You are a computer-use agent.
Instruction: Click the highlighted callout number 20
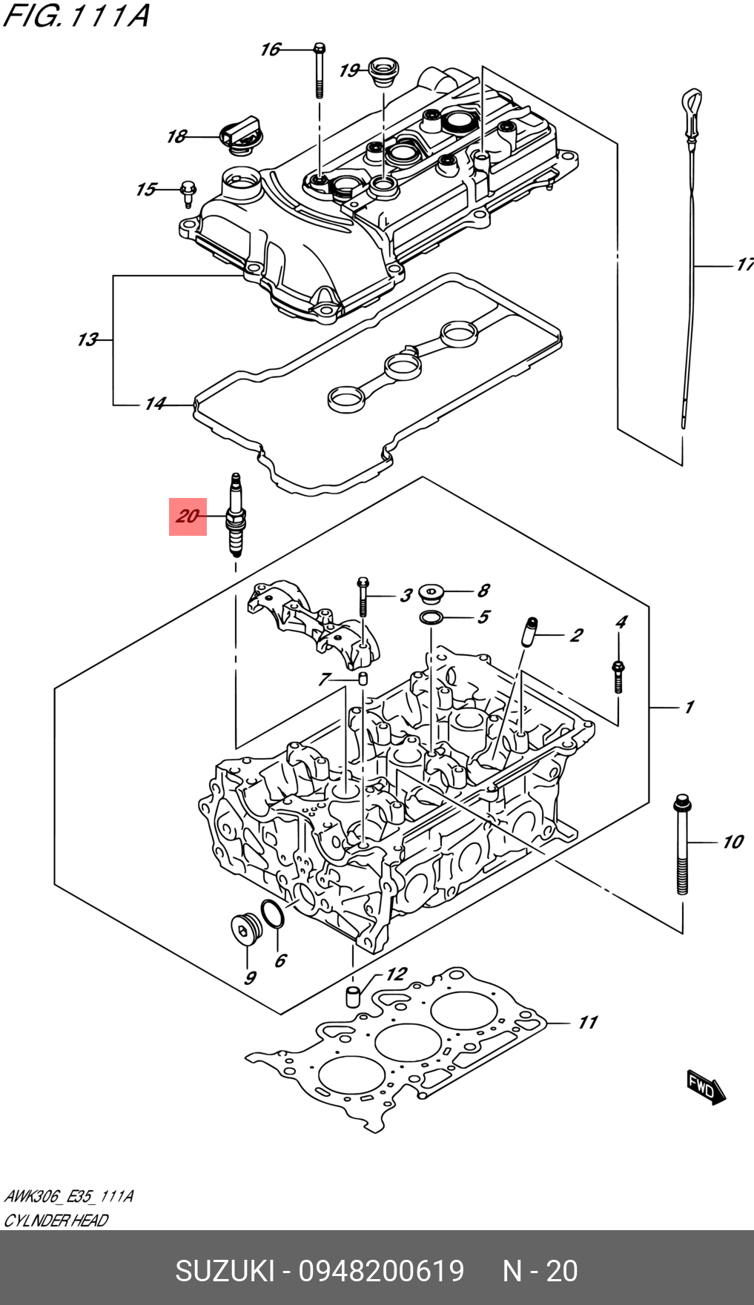pyautogui.click(x=188, y=516)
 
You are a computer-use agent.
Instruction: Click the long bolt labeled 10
pyautogui.click(x=682, y=844)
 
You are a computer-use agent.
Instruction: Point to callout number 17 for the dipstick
pyautogui.click(x=744, y=265)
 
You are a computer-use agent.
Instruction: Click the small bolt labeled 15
pyautogui.click(x=188, y=194)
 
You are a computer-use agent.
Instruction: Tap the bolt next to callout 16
pyautogui.click(x=319, y=70)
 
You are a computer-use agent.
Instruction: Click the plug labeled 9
pyautogui.click(x=245, y=929)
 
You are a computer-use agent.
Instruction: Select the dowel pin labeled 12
pyautogui.click(x=354, y=995)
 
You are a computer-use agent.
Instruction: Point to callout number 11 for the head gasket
pyautogui.click(x=587, y=1023)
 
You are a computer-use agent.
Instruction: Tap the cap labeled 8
pyautogui.click(x=431, y=594)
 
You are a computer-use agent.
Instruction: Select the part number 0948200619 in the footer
pyautogui.click(x=381, y=1271)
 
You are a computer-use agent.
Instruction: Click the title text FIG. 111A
pyautogui.click(x=76, y=16)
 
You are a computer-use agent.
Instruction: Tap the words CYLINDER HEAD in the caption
pyautogui.click(x=56, y=1221)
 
